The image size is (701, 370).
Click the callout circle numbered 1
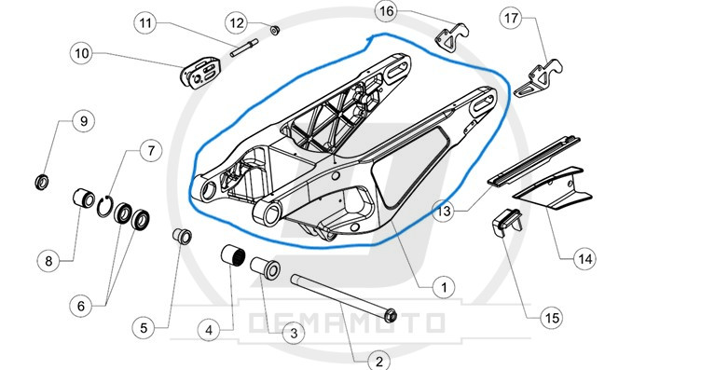[x=444, y=287]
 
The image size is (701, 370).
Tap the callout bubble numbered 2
[x=378, y=361]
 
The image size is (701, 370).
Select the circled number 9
[x=83, y=120]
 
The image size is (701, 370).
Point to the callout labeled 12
[x=237, y=22]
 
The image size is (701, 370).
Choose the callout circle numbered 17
[x=511, y=18]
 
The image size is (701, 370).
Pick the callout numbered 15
[x=551, y=318]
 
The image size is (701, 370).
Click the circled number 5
[x=144, y=328]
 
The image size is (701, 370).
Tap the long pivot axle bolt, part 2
[x=343, y=298]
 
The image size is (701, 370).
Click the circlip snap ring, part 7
[x=104, y=207]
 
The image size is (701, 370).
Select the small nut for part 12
[x=274, y=31]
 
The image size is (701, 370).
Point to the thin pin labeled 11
[x=244, y=48]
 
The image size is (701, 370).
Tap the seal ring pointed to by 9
[x=42, y=182]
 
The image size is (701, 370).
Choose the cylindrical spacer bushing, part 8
[x=84, y=199]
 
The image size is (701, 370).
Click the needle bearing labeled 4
[x=233, y=255]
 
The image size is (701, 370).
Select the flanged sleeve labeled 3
[x=265, y=267]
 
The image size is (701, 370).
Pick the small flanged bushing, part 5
[x=183, y=236]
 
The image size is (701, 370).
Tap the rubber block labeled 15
[x=507, y=222]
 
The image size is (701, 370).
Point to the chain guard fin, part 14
[x=553, y=189]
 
